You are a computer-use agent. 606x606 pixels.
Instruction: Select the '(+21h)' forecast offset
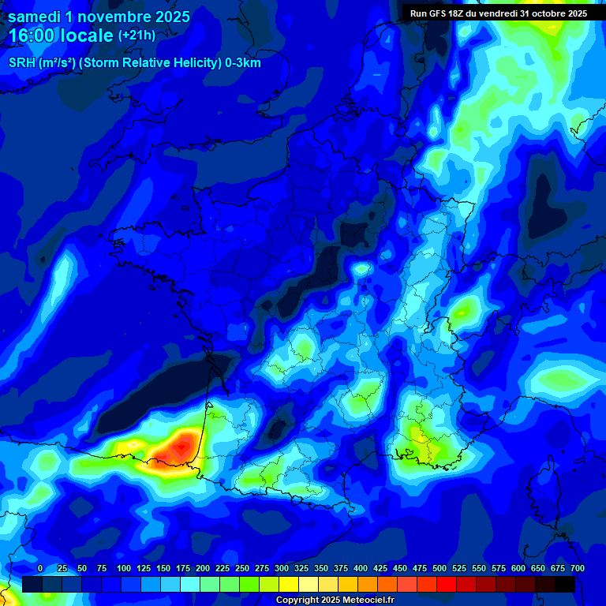pos(137,36)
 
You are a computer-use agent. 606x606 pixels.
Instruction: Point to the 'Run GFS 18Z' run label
pos(442,13)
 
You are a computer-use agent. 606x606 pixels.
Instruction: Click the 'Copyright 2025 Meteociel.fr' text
pos(335,600)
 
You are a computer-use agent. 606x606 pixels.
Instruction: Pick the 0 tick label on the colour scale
pos(40,568)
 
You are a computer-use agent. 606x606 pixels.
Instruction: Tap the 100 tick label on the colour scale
pos(124,568)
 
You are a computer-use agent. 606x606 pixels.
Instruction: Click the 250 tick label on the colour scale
pos(242,568)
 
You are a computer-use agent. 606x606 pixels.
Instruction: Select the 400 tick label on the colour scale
pos(361,568)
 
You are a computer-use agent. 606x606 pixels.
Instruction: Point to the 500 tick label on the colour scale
pos(440,568)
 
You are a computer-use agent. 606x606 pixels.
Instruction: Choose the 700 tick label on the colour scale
pos(577,568)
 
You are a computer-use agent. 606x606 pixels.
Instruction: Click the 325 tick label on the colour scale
pos(301,568)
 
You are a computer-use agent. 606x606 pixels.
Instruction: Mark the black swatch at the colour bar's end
pos(565,584)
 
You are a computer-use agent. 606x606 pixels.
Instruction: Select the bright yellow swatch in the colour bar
pos(289,584)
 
